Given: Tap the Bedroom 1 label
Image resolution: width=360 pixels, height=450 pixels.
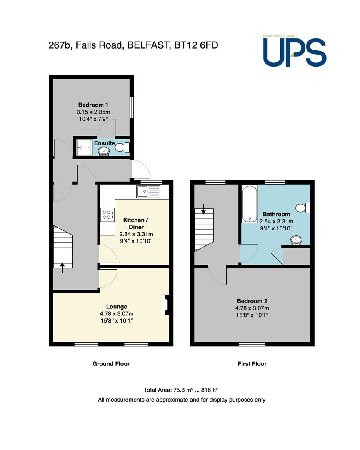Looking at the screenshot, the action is [x=93, y=105].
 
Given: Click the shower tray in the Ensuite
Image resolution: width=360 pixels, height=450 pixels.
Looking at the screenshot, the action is [x=84, y=147].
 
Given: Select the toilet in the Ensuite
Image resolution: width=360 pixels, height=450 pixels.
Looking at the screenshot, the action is [x=122, y=147].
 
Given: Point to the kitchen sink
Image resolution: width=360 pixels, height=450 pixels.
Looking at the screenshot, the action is [x=148, y=191].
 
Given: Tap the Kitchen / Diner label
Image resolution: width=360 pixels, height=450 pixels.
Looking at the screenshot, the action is [x=136, y=224].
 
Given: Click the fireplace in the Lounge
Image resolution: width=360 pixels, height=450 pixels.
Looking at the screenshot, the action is [x=165, y=305].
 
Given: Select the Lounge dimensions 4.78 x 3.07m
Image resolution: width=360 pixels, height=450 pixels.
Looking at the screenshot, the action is [x=117, y=314].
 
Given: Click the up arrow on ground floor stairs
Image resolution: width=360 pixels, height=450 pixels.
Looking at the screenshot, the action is [x=62, y=267].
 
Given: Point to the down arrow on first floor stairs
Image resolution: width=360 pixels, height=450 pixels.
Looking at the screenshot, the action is [x=203, y=209].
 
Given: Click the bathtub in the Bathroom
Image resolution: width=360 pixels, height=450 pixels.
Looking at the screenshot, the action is [x=250, y=203].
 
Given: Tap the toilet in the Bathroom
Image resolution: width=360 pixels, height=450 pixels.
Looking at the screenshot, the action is [x=303, y=208].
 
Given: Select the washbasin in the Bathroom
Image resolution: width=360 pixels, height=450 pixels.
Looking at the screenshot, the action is [x=296, y=240].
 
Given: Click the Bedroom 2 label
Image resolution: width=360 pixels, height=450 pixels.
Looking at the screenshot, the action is [x=252, y=301].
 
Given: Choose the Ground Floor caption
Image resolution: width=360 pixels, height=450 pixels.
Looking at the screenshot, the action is [x=111, y=364].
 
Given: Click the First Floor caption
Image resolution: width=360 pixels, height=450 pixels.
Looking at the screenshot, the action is [x=252, y=364].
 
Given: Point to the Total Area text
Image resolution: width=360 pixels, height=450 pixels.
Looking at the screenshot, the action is [x=181, y=390].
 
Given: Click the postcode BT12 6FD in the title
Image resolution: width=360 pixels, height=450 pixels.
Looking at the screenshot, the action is [x=196, y=45].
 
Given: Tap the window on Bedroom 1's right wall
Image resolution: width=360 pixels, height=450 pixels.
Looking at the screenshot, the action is [x=132, y=107].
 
